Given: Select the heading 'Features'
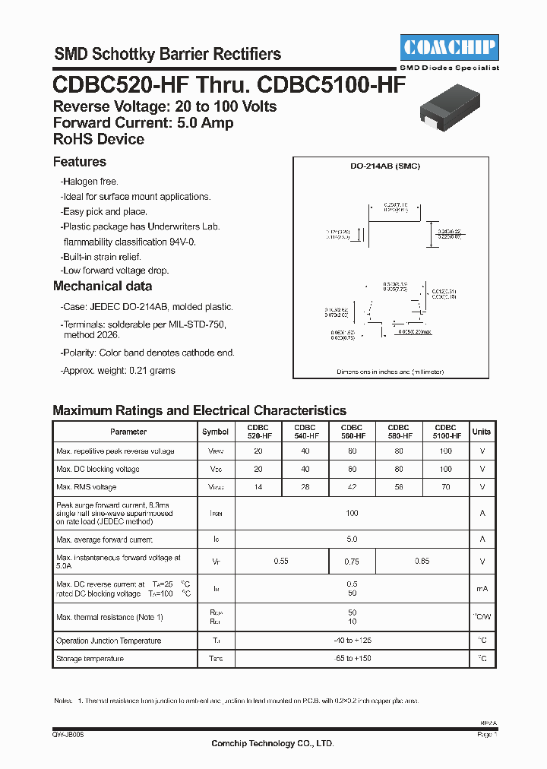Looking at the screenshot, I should point(80,162).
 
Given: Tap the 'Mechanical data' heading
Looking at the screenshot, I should point(103,286).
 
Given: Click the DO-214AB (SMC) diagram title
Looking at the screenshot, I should point(390,166).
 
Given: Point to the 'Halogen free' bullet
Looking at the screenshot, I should point(90,182).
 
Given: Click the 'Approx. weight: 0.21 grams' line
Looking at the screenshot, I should point(118,371).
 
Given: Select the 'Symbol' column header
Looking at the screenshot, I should point(215,432).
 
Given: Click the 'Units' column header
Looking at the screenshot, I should point(482,432).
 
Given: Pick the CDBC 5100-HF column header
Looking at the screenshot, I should point(446,432).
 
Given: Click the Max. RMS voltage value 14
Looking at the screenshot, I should point(258,487).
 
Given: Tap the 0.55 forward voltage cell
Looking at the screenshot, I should point(282,562).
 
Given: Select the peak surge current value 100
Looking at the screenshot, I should point(352,514).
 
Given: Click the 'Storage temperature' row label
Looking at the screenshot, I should point(90,659).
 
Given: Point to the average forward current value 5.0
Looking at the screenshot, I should point(352,540).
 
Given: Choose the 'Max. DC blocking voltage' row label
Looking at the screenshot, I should point(98,469).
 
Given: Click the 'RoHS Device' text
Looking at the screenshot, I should point(99,139).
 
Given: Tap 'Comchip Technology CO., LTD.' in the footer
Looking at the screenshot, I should point(272,744).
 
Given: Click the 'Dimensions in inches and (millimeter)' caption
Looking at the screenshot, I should point(390,372).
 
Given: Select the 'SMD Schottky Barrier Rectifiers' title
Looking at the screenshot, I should point(167,54).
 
